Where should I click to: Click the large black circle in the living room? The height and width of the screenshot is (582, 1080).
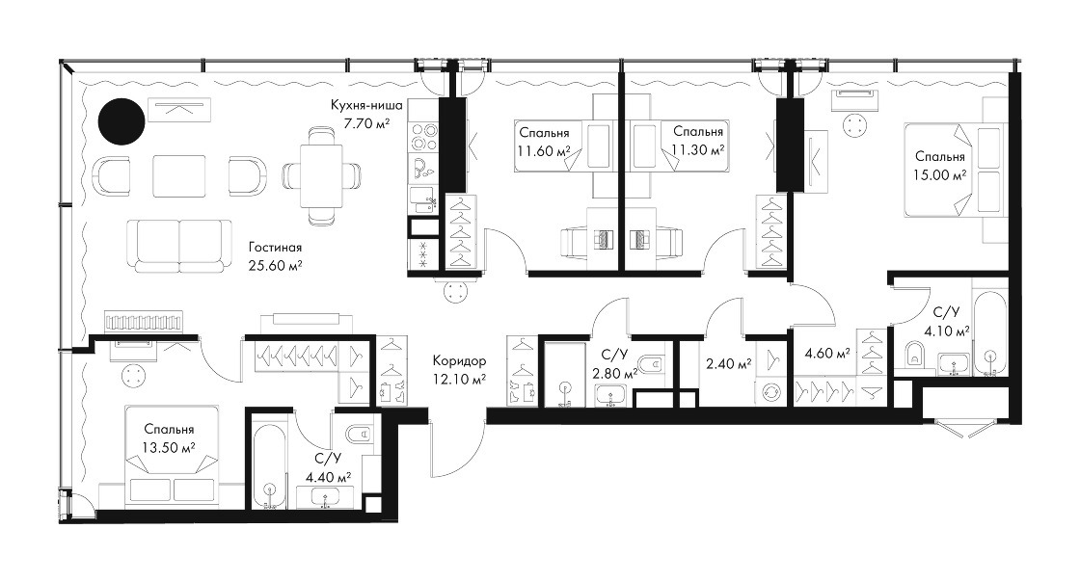tap(121, 121)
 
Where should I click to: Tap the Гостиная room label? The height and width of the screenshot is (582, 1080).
tap(276, 247)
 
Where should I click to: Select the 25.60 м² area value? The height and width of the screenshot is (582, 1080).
tap(276, 265)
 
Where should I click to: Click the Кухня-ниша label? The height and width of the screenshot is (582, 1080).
tap(366, 105)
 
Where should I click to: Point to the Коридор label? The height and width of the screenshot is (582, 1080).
tap(459, 360)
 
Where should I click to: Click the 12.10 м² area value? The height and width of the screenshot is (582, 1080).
tap(459, 378)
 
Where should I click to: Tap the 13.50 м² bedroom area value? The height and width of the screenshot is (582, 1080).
tap(169, 448)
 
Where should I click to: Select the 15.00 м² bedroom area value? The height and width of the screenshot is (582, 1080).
tap(939, 174)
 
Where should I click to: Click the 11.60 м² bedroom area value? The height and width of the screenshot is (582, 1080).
tap(545, 150)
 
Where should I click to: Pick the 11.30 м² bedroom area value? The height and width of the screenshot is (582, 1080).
tap(698, 149)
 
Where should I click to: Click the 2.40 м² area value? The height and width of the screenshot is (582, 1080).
tap(729, 362)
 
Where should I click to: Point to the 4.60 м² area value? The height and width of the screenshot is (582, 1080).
tap(827, 354)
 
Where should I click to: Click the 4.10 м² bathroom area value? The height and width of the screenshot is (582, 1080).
tap(947, 331)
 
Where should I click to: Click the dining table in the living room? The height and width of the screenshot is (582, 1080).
tap(321, 176)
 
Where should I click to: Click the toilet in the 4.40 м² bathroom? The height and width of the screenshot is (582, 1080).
tap(359, 434)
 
